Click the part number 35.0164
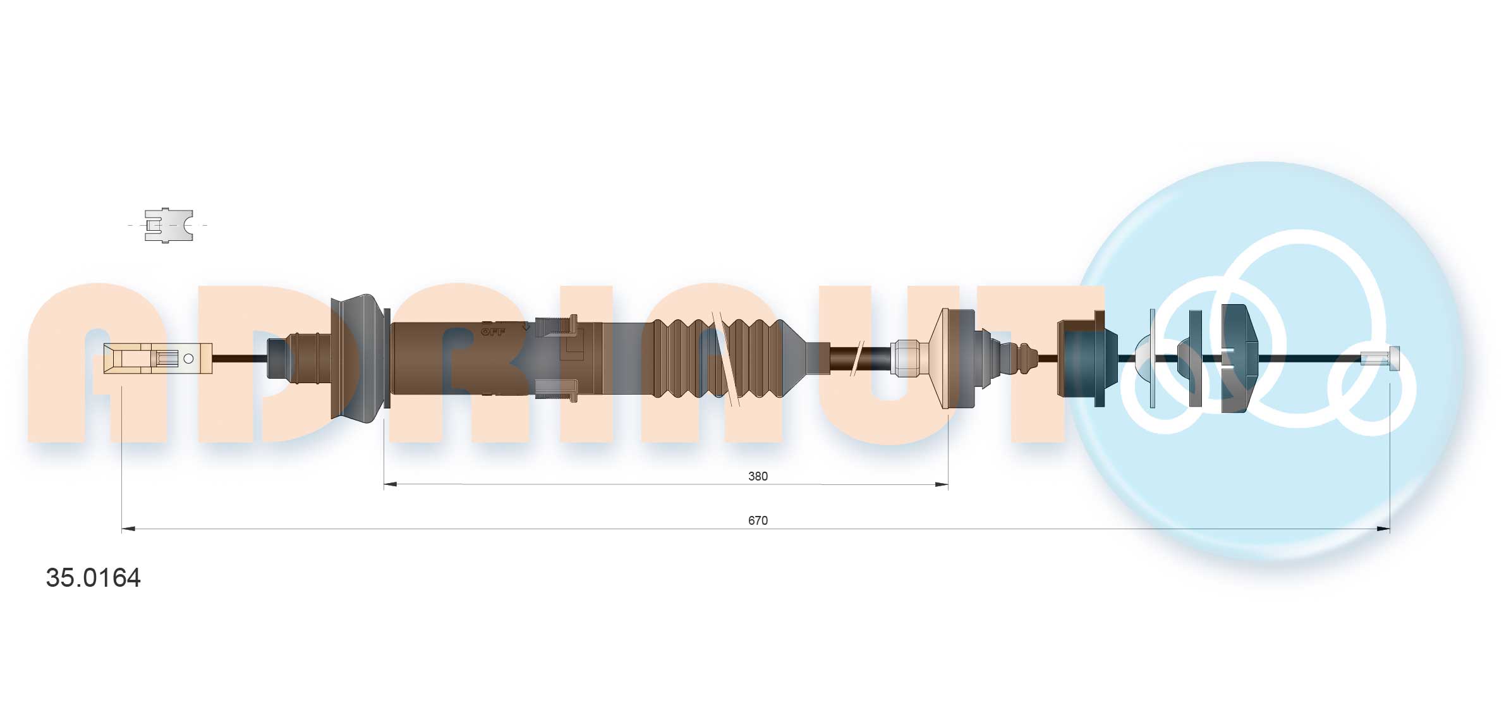93,578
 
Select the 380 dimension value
757,476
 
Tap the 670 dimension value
757,520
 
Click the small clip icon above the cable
168,225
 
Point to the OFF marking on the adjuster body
493,331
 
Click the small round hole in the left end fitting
188,358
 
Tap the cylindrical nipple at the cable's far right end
1380,358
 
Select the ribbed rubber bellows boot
717,358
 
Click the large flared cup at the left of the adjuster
358,358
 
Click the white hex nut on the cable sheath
909,358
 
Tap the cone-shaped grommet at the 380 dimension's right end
955,358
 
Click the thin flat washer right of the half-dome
1153,358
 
